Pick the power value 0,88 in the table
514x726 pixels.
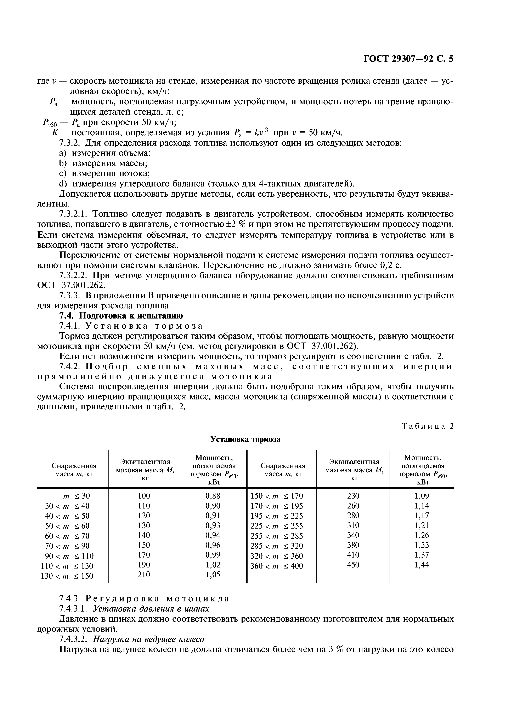click(213, 495)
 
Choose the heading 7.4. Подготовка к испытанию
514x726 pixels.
click(121, 316)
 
